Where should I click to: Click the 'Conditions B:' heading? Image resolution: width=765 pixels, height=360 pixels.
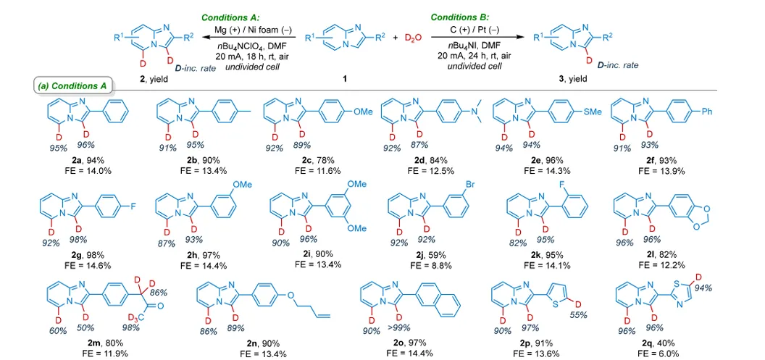(461, 17)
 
